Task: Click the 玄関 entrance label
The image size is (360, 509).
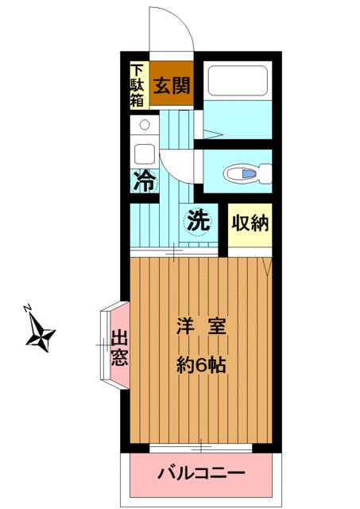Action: tap(172, 86)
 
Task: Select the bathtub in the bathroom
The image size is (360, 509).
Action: tap(238, 81)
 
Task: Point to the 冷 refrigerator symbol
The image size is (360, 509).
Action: tap(145, 182)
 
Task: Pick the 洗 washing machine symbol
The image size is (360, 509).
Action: tap(198, 222)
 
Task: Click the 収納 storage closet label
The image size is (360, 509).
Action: tap(250, 223)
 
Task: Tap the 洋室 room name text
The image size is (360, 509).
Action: tap(201, 327)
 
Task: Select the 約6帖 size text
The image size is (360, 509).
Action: tap(201, 365)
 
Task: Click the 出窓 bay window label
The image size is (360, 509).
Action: tap(120, 348)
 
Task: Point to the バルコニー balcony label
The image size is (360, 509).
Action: tap(201, 474)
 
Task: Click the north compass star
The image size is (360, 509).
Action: tap(41, 334)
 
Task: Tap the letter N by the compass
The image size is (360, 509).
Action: tap(27, 307)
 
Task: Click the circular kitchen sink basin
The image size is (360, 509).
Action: tap(145, 124)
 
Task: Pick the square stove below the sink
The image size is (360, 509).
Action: tap(145, 153)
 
